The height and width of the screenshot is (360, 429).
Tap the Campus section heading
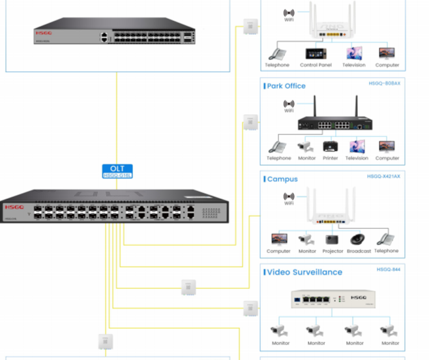[x=282, y=179]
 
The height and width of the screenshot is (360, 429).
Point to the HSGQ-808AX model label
[x=385, y=83]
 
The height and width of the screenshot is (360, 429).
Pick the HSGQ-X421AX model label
[x=383, y=177]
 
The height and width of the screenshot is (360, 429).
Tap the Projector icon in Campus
[x=333, y=239]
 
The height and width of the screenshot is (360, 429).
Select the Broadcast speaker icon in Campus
[x=359, y=239]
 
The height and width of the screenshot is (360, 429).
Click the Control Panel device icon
[x=315, y=53]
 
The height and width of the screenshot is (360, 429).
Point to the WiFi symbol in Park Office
[x=289, y=104]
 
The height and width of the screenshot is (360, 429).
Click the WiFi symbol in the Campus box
[x=289, y=196]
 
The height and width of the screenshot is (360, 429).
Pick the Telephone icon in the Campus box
[x=386, y=239]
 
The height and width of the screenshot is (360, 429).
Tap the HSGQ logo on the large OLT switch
[x=14, y=207]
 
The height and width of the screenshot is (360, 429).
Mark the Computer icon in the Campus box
[x=279, y=239]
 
